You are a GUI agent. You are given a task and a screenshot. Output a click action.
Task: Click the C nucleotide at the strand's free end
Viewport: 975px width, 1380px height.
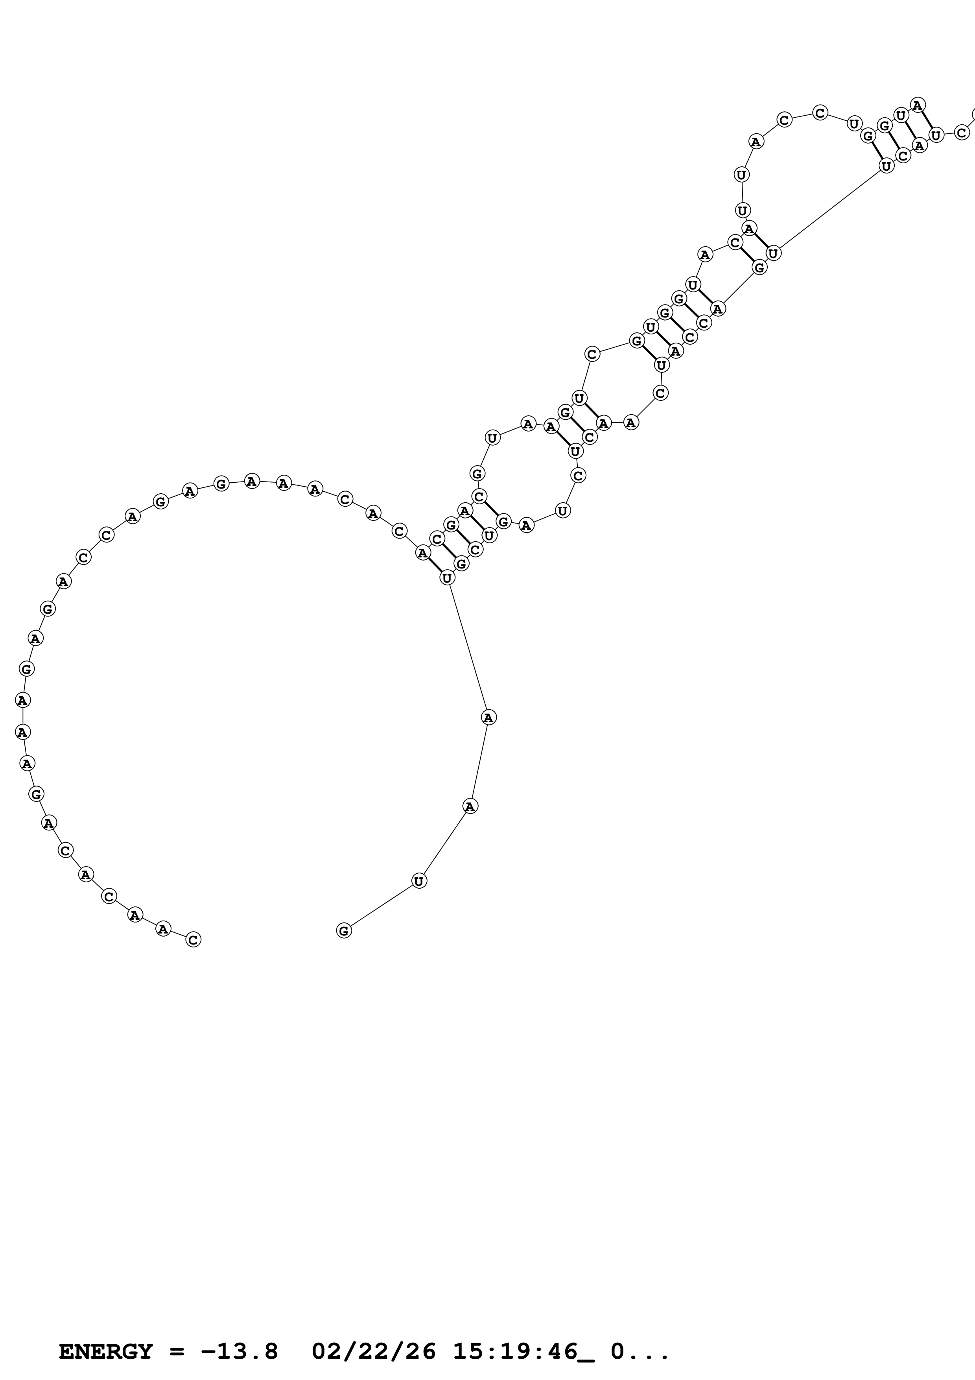(193, 939)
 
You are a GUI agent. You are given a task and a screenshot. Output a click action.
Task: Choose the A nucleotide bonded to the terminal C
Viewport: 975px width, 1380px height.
(163, 929)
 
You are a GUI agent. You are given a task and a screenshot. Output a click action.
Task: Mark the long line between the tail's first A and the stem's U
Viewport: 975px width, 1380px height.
(468, 648)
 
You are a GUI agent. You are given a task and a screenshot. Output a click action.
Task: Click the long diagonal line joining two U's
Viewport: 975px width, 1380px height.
(829, 210)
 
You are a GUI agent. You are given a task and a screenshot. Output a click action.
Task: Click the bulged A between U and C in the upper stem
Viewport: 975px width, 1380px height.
(705, 254)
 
